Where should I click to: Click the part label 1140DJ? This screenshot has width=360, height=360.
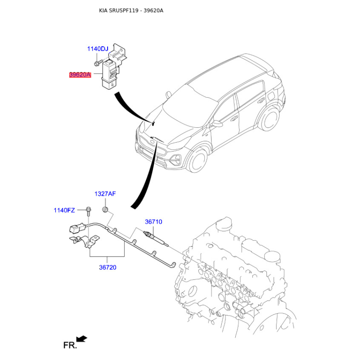point(98,49)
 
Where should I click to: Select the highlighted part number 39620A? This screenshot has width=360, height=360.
point(80,75)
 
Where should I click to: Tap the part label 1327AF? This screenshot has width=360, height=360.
point(105,194)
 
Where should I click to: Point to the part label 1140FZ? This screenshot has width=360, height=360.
point(64,210)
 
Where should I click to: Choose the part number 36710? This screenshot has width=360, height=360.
point(153,222)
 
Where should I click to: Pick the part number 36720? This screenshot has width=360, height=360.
point(108,267)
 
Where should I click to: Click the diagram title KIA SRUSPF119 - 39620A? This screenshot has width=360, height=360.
point(131,10)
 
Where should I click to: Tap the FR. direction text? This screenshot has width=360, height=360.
point(70,345)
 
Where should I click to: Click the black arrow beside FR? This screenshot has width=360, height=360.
point(82,339)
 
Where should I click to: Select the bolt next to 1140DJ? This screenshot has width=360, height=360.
point(98,62)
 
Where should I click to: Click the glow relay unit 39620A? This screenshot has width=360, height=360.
point(110,74)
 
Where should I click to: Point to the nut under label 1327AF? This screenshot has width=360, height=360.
point(105,209)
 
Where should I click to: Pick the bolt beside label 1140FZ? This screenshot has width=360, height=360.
point(88,211)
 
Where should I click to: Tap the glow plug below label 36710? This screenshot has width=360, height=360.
point(156,238)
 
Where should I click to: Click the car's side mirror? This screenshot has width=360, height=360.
point(217,123)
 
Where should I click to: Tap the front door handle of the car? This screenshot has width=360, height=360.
point(234,118)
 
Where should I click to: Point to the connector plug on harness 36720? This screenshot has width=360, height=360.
point(76,227)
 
